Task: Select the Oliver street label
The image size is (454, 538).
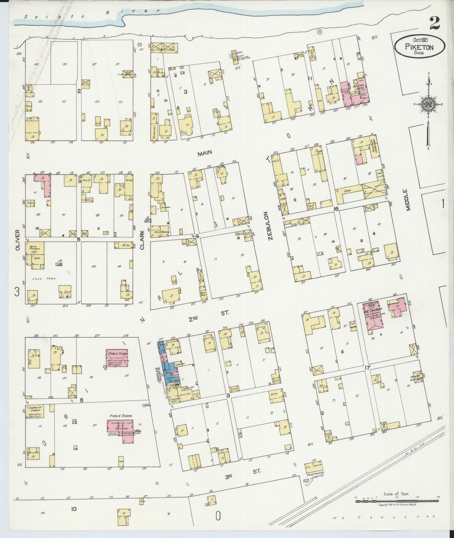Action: click(18, 240)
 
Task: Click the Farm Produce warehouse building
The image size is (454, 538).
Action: click(35, 255)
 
